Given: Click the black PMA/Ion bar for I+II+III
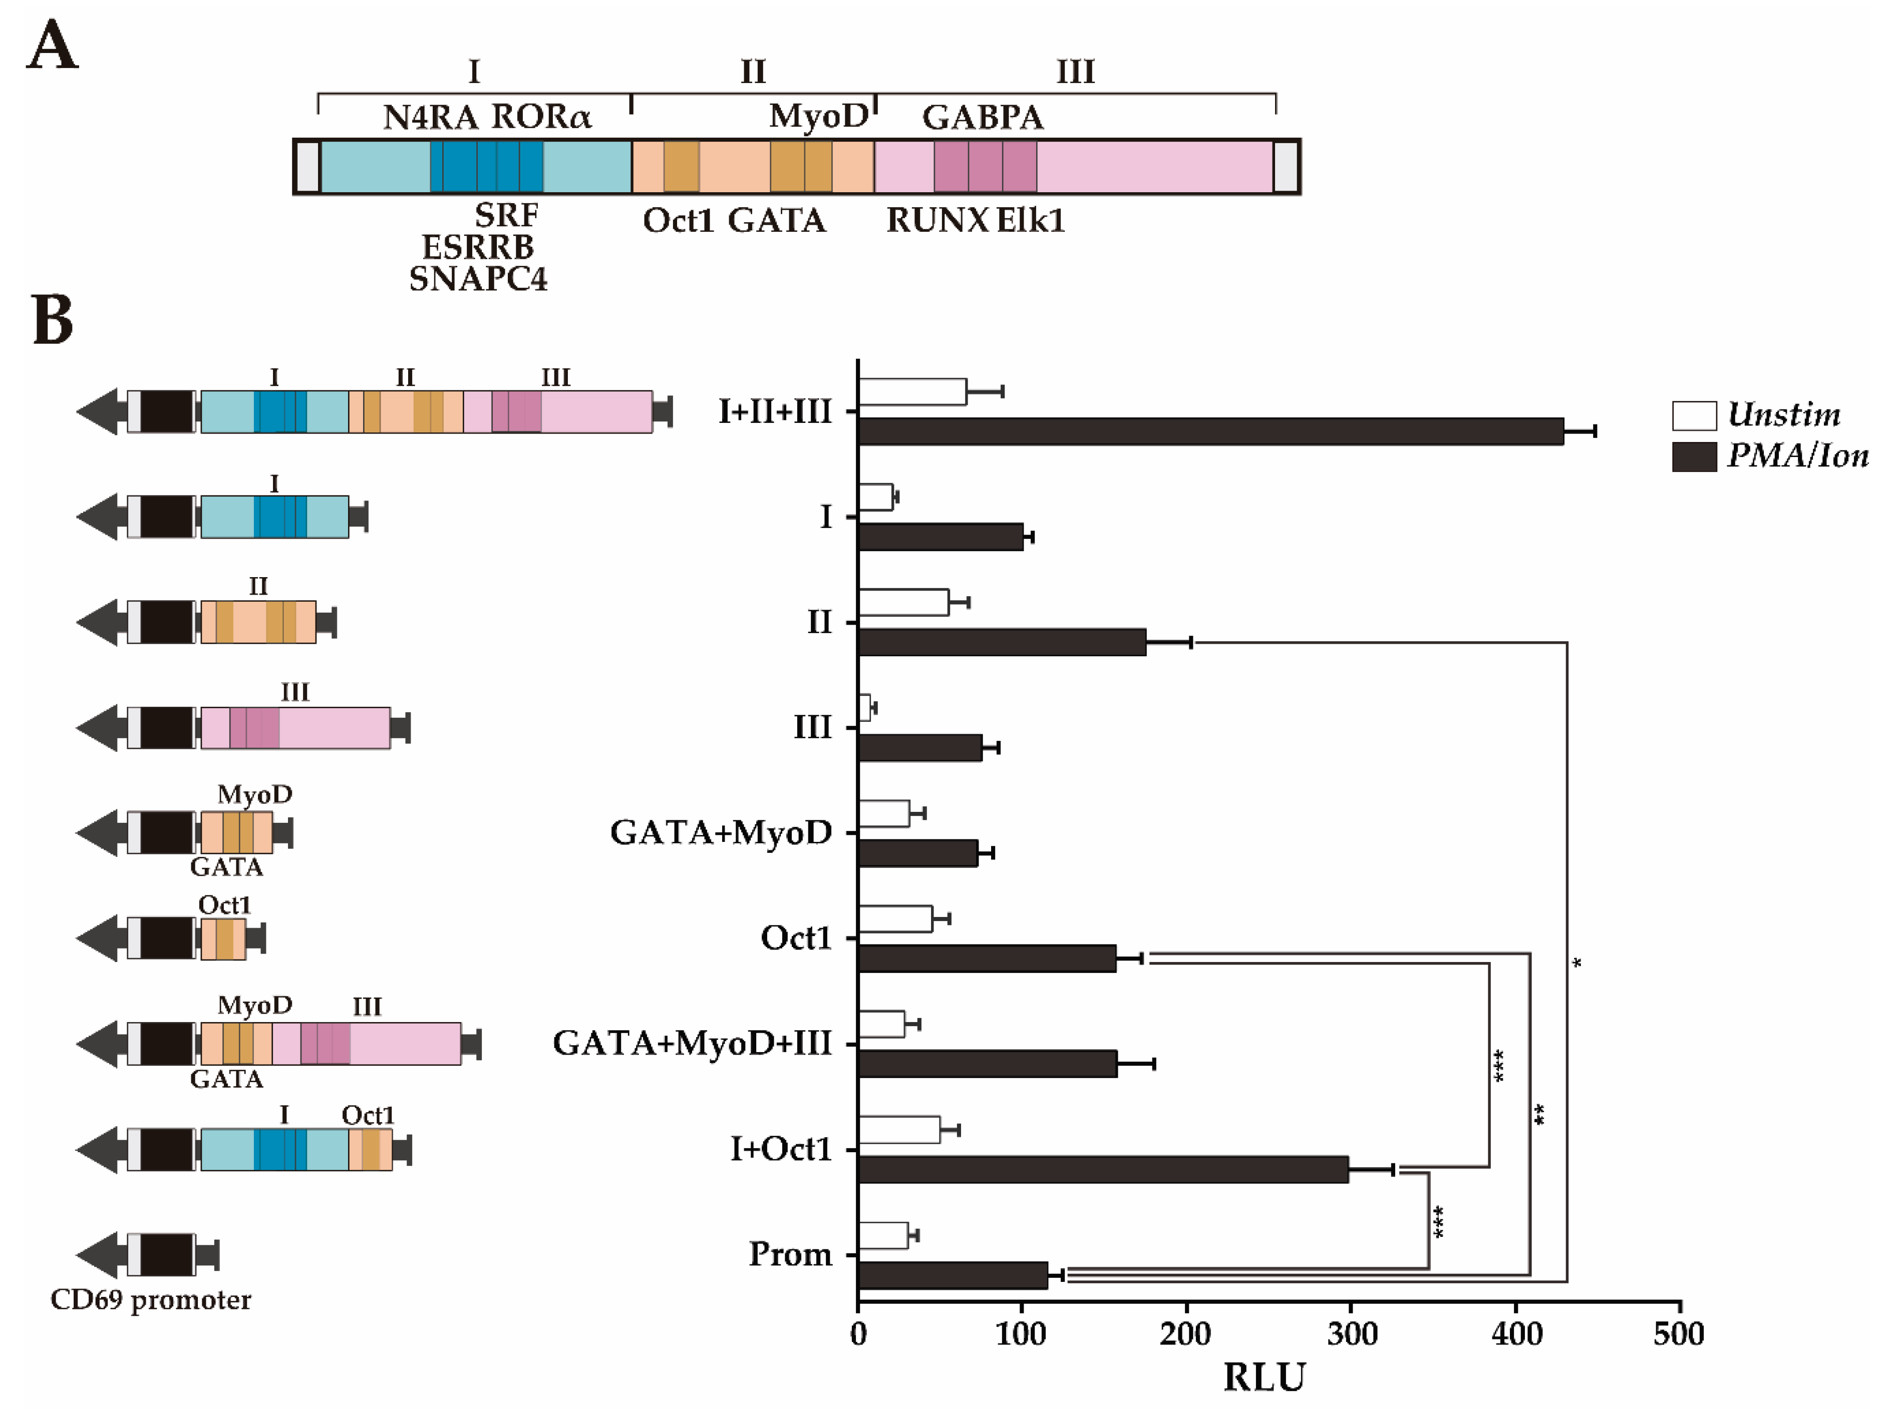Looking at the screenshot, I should coord(1209,432).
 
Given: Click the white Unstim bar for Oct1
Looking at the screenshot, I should coord(895,918).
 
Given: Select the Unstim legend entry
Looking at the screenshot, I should coord(1756,415).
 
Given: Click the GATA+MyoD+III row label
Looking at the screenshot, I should coord(692,1044).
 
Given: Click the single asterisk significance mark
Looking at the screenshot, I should coord(1577,964).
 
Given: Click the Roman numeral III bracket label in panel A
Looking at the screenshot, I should coord(1075,71).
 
